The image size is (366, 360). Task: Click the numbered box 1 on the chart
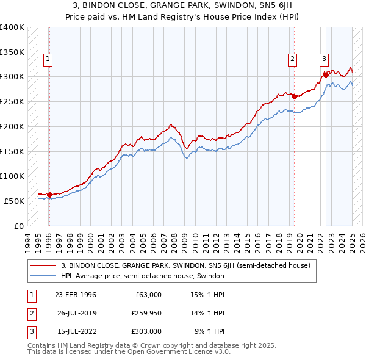(48, 59)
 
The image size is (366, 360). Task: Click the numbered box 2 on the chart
(293, 59)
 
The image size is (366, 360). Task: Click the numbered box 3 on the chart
(324, 59)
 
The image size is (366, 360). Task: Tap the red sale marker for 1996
(50, 195)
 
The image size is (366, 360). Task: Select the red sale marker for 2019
(294, 96)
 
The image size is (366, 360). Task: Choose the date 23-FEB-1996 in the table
(75, 295)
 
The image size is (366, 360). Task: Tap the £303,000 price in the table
(147, 331)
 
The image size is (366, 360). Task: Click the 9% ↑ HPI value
(209, 331)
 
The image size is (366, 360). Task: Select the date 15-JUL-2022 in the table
(75, 331)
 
